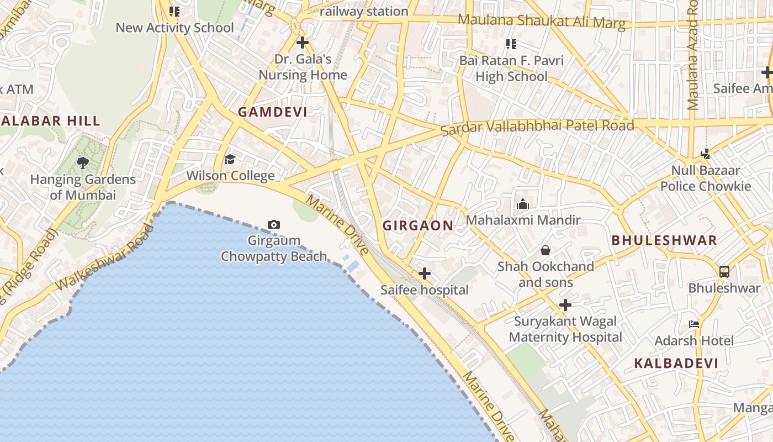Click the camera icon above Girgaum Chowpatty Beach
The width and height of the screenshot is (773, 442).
[273, 224]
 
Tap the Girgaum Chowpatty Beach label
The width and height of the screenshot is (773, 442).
[274, 249]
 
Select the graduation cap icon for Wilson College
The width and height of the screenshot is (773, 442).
[230, 160]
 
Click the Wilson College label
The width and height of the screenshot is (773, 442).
[230, 176]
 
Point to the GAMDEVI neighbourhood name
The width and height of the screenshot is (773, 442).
[272, 112]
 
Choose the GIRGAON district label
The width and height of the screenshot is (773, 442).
[418, 225]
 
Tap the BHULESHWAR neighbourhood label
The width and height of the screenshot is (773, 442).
[664, 240]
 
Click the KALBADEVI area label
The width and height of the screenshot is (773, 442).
[676, 364]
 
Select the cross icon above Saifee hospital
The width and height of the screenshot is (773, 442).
[424, 273]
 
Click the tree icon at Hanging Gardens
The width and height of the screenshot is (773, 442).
[83, 162]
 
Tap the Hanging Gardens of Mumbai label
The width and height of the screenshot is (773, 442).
[83, 187]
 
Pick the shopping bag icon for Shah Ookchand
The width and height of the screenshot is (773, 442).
[546, 250]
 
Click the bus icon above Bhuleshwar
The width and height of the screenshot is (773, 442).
[724, 271]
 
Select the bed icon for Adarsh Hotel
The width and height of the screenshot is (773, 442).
[694, 324]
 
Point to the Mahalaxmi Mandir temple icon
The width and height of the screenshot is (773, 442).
[522, 204]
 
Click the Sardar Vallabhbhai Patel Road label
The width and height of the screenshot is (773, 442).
[537, 127]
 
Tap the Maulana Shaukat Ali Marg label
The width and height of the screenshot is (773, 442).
[542, 22]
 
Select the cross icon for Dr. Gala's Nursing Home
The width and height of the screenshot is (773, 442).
[302, 42]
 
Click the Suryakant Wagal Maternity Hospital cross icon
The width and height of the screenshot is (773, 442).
[565, 304]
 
